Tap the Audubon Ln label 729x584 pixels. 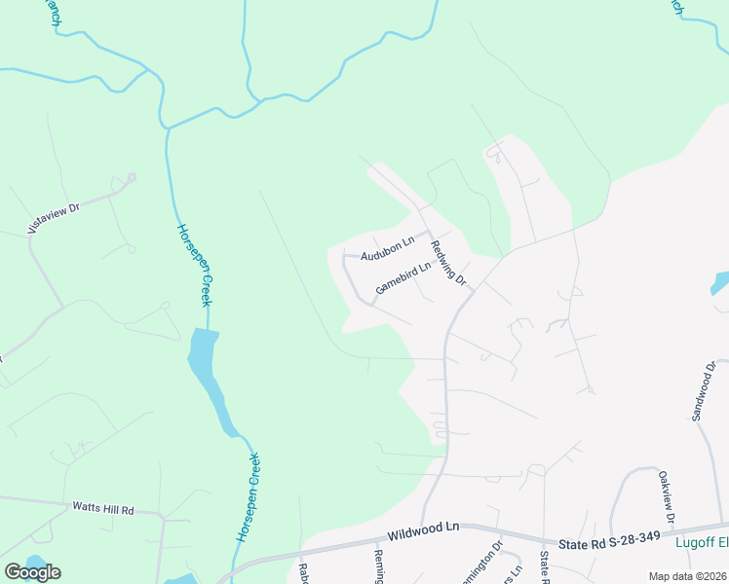[388, 247]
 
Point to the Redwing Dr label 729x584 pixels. [449, 263]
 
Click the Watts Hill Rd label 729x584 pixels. [102, 508]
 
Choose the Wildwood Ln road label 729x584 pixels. [422, 533]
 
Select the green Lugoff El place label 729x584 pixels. [706, 542]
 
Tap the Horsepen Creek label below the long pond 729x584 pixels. [248, 496]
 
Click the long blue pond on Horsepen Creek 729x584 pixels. [211, 381]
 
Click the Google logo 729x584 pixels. [32, 571]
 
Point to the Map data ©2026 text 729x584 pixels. [686, 576]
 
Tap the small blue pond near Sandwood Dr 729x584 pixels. [721, 283]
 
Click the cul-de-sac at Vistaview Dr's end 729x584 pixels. [132, 177]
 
